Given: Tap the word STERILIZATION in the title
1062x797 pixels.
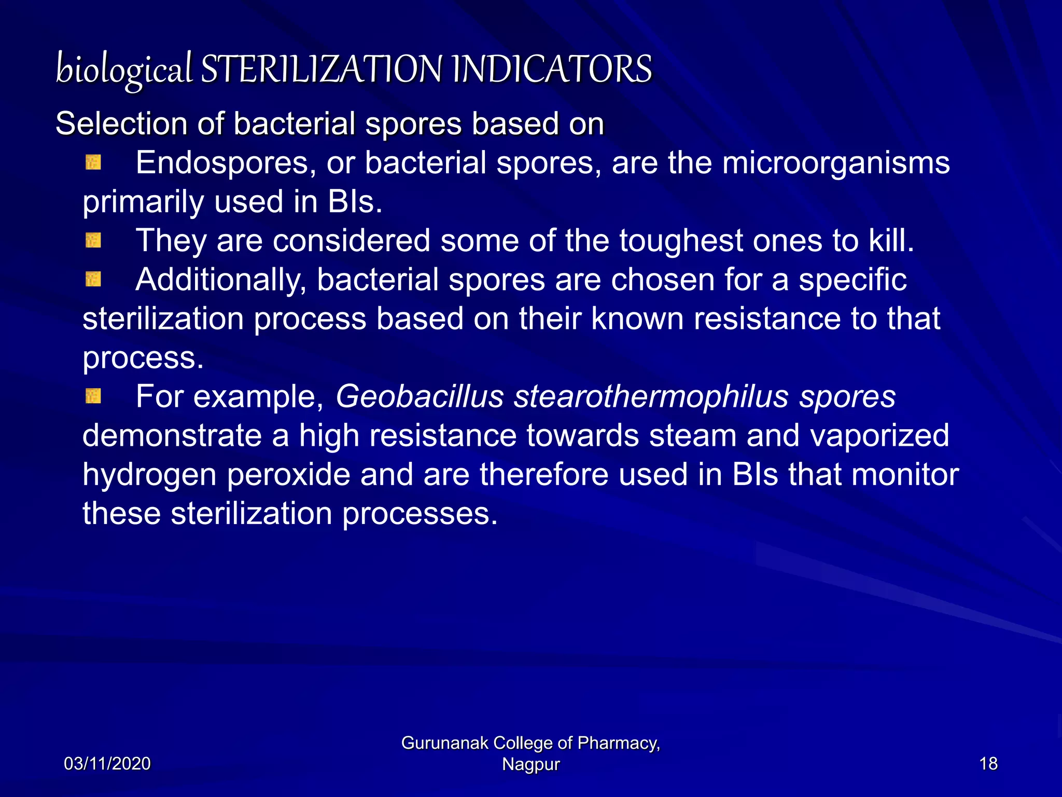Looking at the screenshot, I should point(322,70).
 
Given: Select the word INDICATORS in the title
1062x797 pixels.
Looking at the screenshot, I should point(552,70).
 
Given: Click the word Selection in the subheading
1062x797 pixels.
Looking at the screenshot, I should point(121,124).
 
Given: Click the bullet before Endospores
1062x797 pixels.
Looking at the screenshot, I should point(93,163).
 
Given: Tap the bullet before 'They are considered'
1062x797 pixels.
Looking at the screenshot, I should point(93,240).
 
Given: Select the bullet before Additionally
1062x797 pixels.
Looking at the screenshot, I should point(93,280).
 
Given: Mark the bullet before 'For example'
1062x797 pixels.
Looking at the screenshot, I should point(93,396).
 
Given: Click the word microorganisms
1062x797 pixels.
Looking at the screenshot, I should point(836,163).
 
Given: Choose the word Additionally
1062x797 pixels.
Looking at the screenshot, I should point(220,280).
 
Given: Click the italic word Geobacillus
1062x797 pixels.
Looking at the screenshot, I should point(420,396).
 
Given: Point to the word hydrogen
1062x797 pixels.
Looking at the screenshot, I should point(149,475).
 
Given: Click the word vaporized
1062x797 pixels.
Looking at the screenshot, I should point(879,435).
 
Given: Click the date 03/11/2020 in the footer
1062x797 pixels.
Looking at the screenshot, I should point(107,764).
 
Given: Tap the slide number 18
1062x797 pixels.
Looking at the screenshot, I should point(988,764).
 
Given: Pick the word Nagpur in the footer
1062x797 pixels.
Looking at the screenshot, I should point(531,764).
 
